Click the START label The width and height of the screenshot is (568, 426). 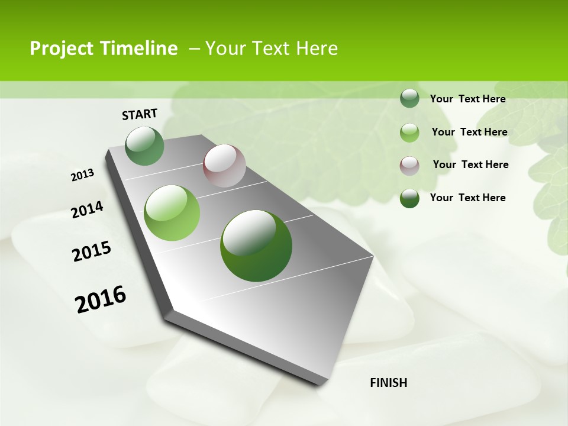click(140, 114)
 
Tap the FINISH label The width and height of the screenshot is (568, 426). click(388, 383)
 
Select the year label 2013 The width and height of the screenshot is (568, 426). click(82, 175)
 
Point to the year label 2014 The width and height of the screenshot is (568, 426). click(87, 210)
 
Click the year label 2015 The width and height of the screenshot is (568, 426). click(92, 251)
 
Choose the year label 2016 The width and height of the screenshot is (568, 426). click(101, 299)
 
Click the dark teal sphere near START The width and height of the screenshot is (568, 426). click(145, 146)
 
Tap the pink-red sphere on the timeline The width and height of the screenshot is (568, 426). click(224, 166)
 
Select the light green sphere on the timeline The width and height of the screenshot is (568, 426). click(172, 213)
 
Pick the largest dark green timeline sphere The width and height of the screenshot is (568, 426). click(256, 246)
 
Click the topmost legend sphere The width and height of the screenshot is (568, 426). click(409, 99)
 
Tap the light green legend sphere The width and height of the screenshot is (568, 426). click(409, 133)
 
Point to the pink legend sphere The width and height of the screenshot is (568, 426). click(409, 166)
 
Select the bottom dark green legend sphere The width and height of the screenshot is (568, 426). click(409, 198)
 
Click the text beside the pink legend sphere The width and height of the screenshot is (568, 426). click(470, 164)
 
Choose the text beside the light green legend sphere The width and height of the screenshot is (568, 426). click(469, 132)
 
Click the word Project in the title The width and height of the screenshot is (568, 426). click(62, 49)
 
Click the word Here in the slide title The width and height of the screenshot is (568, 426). click(317, 49)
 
